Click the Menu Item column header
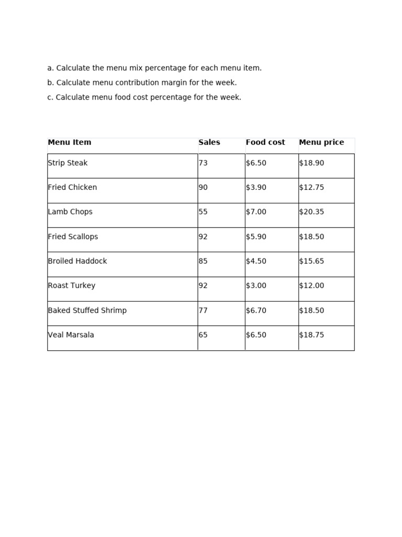pyautogui.click(x=70, y=142)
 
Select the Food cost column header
pyautogui.click(x=265, y=142)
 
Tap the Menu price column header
pyautogui.click(x=321, y=142)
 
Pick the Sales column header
pyautogui.click(x=209, y=142)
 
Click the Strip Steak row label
pyautogui.click(x=68, y=163)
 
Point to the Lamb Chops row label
pyautogui.click(x=70, y=212)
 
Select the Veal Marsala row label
pyautogui.click(x=71, y=335)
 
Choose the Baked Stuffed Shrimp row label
pyautogui.click(x=87, y=310)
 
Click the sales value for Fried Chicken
pyautogui.click(x=203, y=187)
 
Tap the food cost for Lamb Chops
pyautogui.click(x=256, y=212)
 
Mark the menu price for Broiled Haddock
pyautogui.click(x=311, y=261)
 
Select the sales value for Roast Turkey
pyautogui.click(x=203, y=286)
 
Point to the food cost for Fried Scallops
pyautogui.click(x=256, y=237)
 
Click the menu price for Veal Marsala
pyautogui.click(x=311, y=335)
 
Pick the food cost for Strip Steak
pyautogui.click(x=256, y=163)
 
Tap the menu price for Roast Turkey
pyautogui.click(x=311, y=286)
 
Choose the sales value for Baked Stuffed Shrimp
pyautogui.click(x=203, y=310)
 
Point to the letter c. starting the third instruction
pyautogui.click(x=50, y=98)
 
